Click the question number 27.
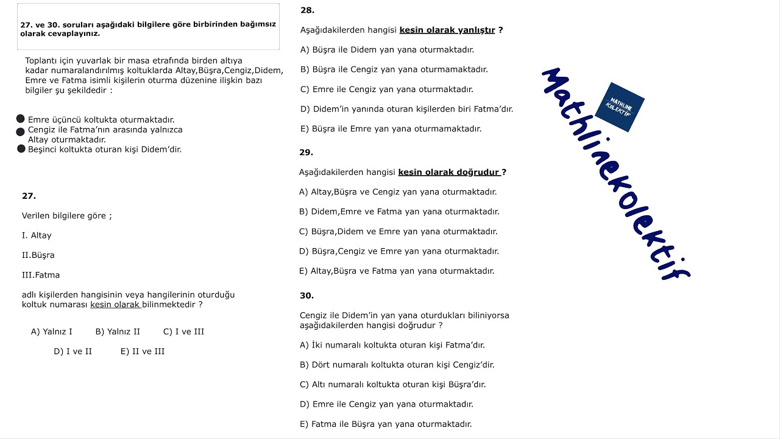pos(29,196)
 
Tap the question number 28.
pos(307,10)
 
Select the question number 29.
pos(306,152)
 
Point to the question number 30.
pos(307,296)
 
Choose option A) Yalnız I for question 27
pos(52,332)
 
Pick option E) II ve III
pos(143,351)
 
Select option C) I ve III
pos(183,332)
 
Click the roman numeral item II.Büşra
pos(38,255)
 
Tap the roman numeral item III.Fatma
pos(41,275)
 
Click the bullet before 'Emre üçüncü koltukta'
pos(21,119)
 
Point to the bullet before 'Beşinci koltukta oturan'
pos(21,149)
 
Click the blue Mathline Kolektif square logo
pos(619,107)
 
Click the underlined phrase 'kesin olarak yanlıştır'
pos(447,30)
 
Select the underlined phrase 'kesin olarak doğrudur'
pos(449,173)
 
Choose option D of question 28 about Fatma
pos(406,109)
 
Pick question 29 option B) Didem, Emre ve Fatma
pos(399,212)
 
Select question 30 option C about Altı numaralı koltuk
pos(392,385)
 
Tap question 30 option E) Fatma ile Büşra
pos(386,424)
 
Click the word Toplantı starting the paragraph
pos(43,60)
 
